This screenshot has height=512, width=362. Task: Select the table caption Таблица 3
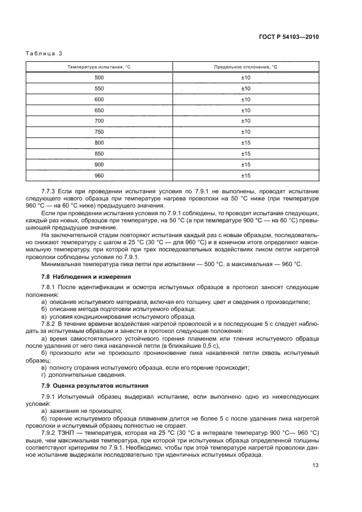tap(44, 53)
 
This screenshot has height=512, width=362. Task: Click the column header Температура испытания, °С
tap(99, 67)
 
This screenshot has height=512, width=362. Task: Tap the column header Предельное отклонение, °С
tap(245, 67)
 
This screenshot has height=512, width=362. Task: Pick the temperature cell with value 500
tap(99, 78)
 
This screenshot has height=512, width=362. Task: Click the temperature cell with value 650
tap(99, 110)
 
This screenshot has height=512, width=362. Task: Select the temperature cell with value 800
tap(99, 142)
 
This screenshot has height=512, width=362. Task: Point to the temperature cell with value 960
tap(99, 175)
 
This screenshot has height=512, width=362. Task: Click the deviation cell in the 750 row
tap(245, 132)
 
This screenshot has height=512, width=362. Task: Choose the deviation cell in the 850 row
tap(245, 153)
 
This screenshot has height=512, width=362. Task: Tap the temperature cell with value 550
tap(99, 89)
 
